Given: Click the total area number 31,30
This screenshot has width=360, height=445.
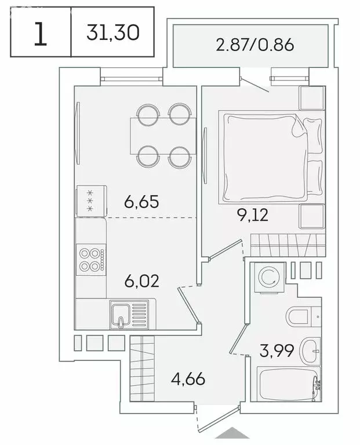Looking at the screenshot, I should click(113, 32).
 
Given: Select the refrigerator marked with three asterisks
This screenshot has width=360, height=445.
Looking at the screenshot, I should click(90, 200).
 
